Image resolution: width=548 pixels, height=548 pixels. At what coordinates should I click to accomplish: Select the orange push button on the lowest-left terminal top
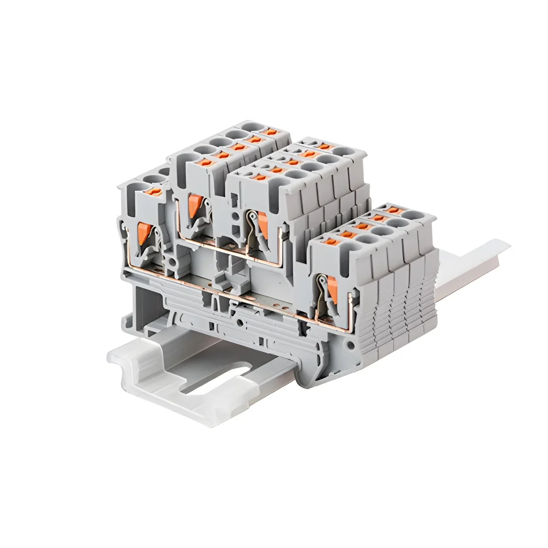[x=153, y=191]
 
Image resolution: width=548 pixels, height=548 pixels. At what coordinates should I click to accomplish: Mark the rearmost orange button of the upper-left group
[x=268, y=132]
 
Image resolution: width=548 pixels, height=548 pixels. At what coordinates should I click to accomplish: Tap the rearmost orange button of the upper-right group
[x=327, y=146]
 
